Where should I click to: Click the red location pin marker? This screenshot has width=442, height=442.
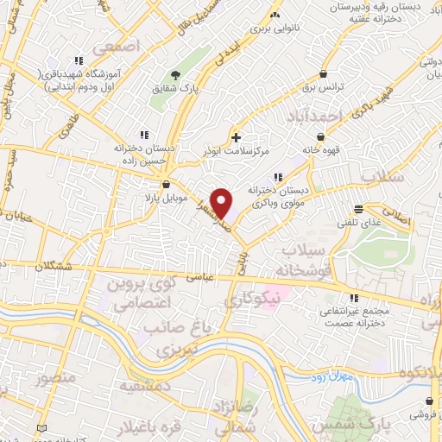[x=222, y=203]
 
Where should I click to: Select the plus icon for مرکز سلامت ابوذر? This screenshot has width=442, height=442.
[x=236, y=136]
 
